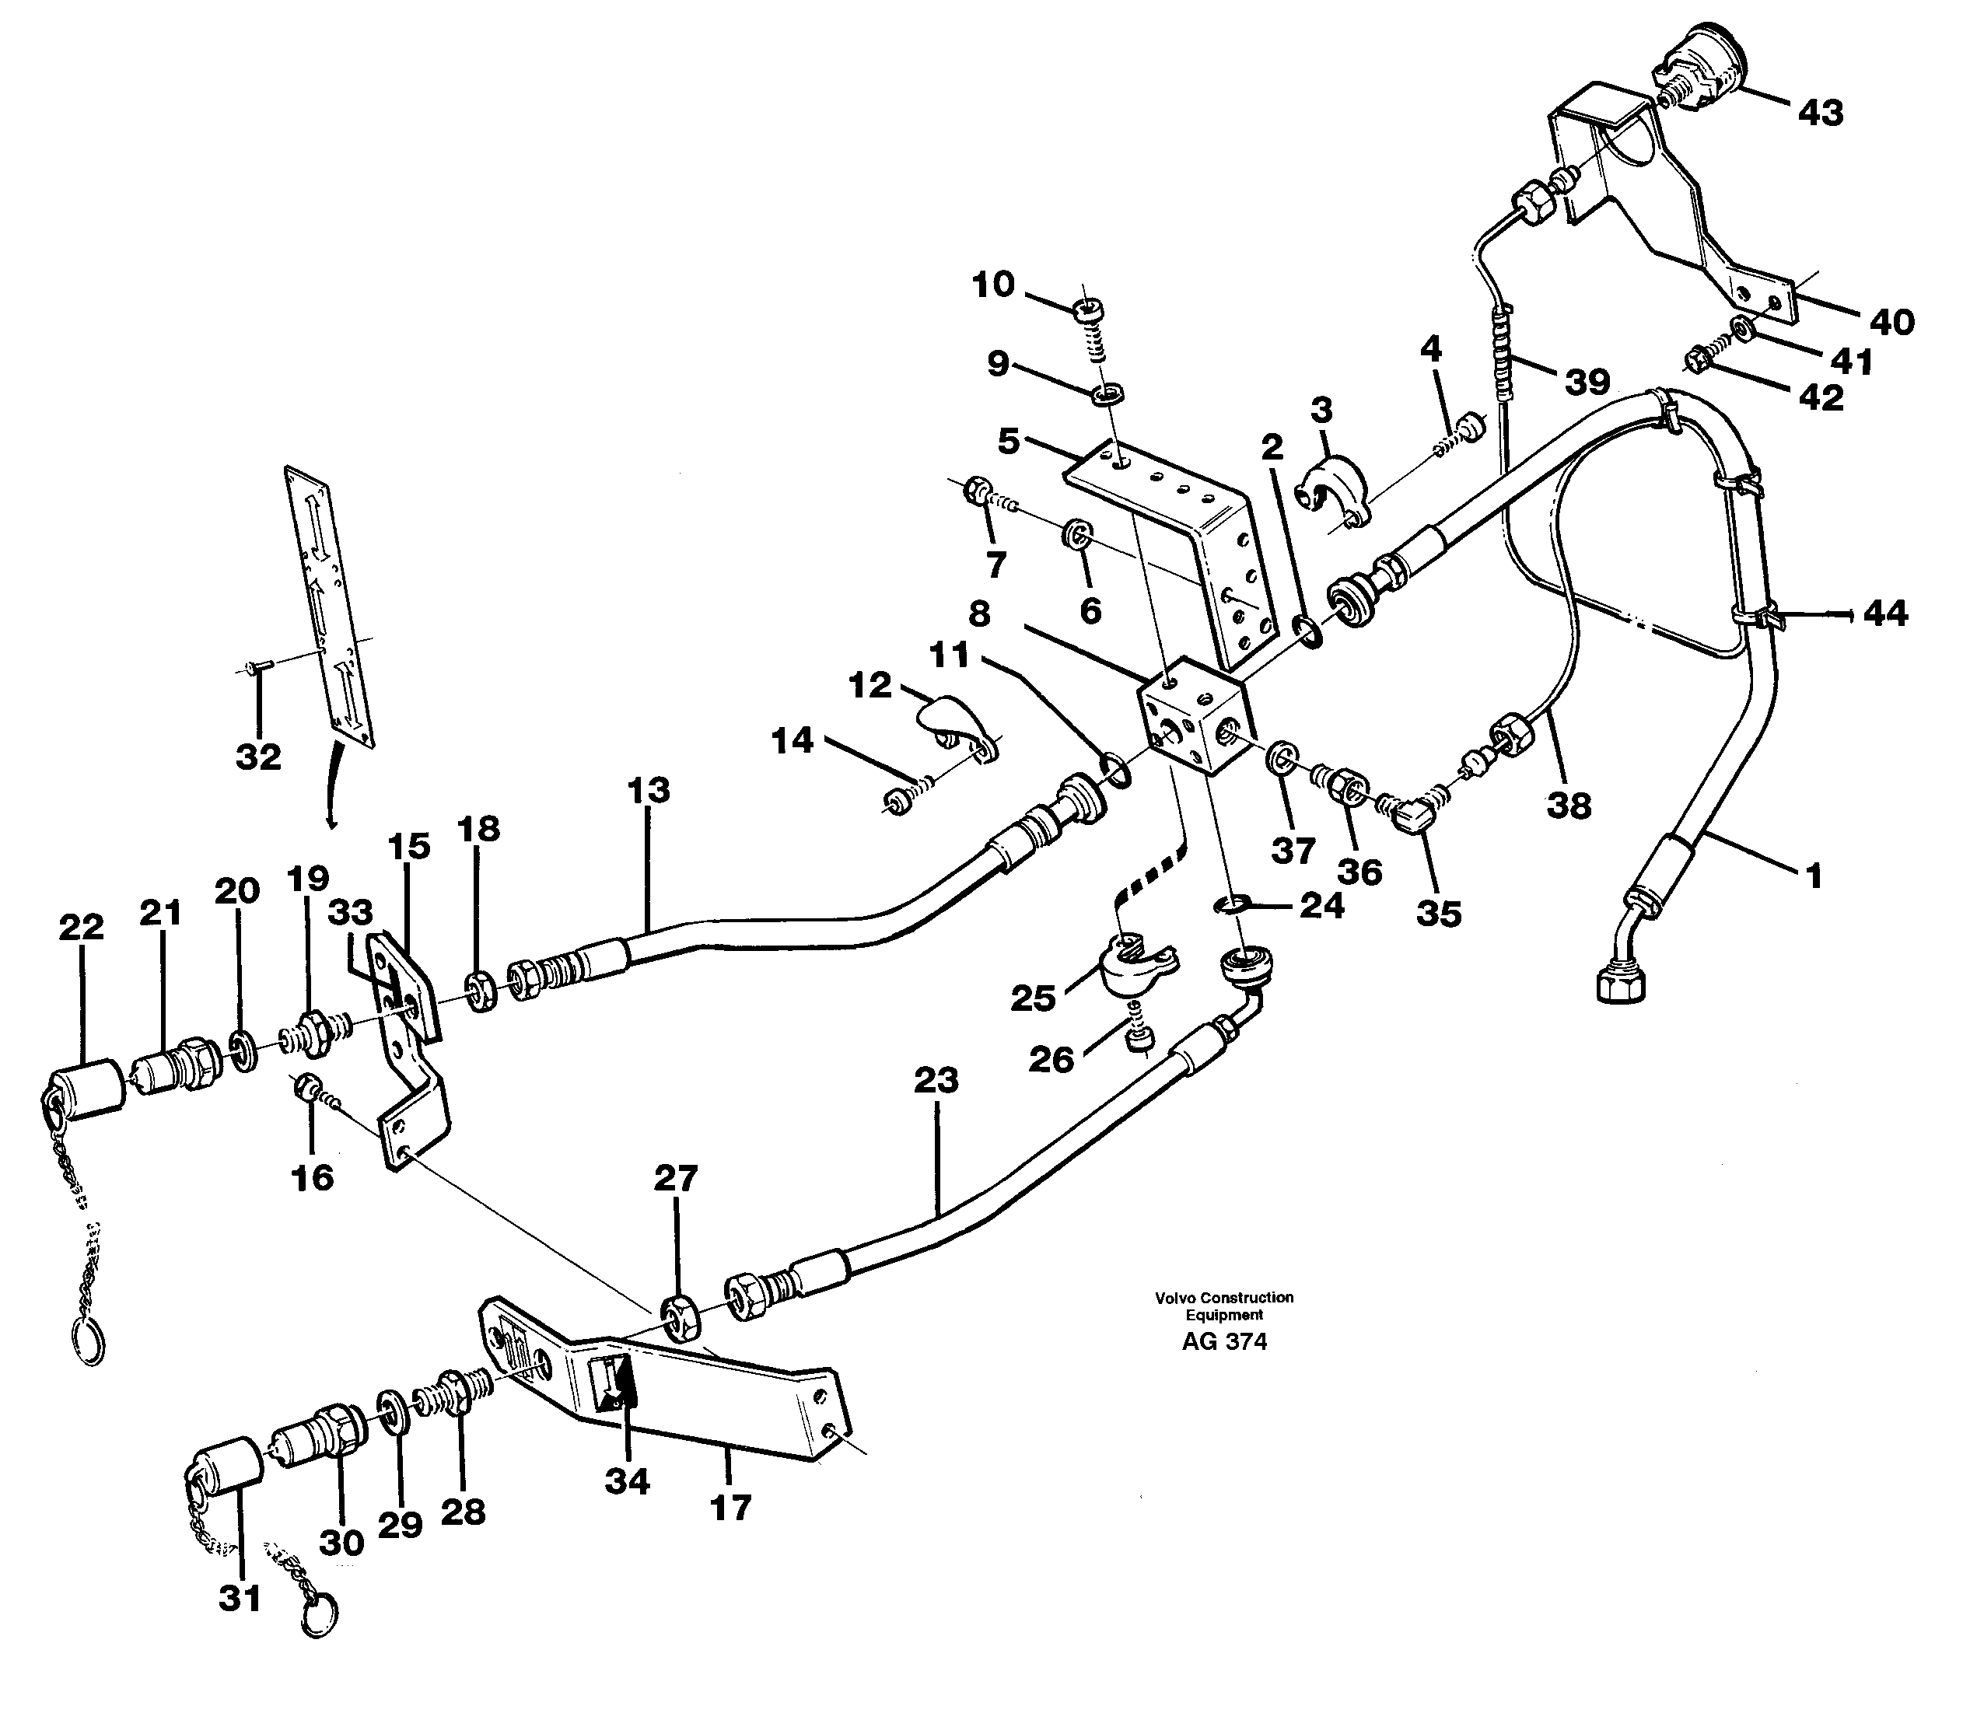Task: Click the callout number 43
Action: pos(1820,113)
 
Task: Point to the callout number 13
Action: pos(649,791)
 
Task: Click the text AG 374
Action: pos(1223,1341)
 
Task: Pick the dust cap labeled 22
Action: pos(92,1089)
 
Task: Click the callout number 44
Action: pos(1885,613)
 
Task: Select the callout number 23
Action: pos(935,1080)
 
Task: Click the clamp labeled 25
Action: pos(1138,967)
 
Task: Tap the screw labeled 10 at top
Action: pos(1086,311)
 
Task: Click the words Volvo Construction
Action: pos(1223,1297)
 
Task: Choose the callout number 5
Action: pos(1009,441)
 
